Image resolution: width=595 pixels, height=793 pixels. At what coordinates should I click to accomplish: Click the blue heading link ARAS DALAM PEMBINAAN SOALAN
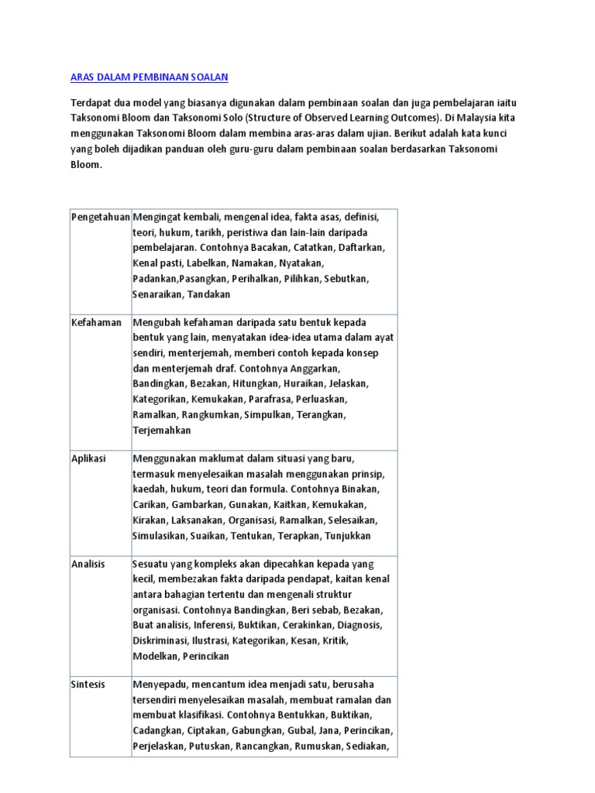150,77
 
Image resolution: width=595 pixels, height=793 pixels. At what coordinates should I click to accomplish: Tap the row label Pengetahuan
101,218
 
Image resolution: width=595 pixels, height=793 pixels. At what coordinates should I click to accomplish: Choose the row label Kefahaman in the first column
96,322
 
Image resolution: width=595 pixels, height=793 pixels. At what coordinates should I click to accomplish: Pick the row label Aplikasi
88,458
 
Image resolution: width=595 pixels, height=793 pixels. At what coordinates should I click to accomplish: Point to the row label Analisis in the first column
88,564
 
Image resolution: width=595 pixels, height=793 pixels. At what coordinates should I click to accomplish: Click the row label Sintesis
88,685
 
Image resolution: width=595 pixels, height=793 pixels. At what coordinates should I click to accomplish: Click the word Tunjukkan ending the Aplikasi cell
346,536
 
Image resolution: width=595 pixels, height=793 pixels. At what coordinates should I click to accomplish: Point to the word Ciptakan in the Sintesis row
207,731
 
